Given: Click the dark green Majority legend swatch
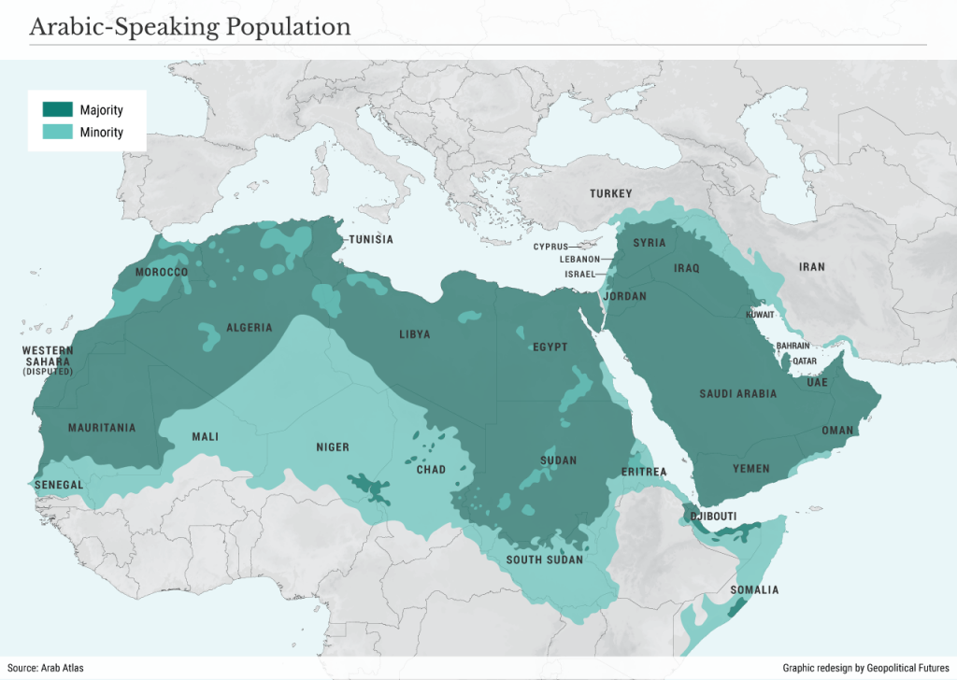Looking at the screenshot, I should click(58, 109).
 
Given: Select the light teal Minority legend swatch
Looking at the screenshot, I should click(58, 132).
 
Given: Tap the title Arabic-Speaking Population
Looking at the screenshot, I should click(190, 26).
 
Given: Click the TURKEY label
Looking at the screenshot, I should click(610, 193).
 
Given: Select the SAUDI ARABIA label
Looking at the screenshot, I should click(737, 394).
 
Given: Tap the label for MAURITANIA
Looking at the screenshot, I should click(102, 429).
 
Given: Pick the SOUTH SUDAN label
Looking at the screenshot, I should click(544, 560).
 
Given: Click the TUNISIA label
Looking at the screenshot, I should click(371, 240).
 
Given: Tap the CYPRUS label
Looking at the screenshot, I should click(550, 247).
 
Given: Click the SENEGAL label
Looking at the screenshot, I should click(59, 486).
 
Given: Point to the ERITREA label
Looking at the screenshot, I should click(644, 473).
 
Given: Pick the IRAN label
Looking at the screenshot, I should click(811, 267).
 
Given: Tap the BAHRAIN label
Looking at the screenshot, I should click(793, 346).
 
